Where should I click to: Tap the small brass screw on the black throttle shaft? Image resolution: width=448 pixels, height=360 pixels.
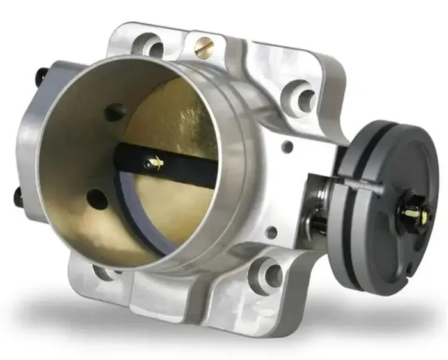tap(154, 163)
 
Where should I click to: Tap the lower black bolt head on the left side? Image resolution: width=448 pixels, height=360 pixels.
tap(19, 197)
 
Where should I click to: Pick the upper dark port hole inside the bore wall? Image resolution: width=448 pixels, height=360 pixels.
tap(115, 113)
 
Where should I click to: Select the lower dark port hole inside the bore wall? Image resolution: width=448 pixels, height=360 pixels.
tap(97, 199)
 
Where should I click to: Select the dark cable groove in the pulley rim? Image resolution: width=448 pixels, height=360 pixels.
tap(349, 211)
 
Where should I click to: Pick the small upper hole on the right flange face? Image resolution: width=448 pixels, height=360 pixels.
tap(287, 147)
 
